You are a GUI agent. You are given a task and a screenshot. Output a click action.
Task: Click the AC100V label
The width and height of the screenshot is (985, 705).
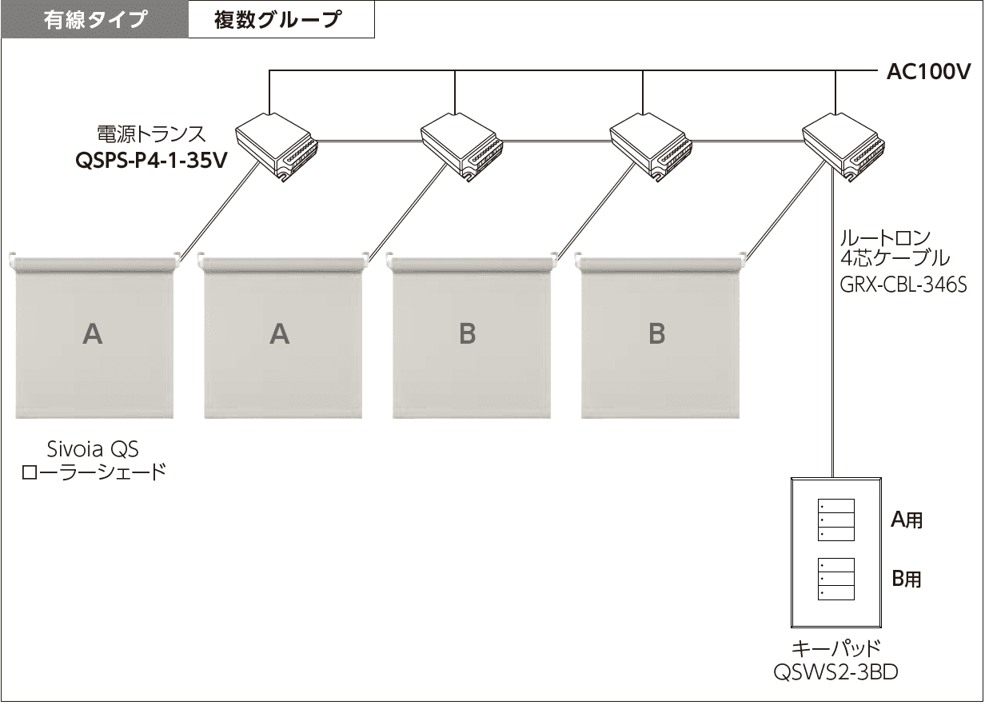(928, 72)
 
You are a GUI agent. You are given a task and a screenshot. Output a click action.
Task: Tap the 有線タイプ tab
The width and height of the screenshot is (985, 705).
(95, 20)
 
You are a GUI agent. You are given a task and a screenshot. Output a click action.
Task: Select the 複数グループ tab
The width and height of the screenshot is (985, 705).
(281, 20)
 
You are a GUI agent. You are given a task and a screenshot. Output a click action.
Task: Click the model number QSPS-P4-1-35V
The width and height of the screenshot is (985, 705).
(151, 161)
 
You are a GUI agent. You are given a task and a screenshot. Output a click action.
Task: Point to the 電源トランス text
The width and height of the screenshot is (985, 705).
(151, 134)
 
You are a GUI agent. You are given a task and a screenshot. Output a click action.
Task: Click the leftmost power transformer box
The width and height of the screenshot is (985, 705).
(277, 147)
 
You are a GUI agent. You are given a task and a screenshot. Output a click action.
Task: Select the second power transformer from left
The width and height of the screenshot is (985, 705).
(462, 147)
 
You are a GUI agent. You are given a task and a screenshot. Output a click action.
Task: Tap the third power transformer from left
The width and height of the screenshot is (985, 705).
(651, 147)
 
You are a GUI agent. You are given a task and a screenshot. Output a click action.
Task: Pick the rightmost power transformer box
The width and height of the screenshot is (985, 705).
(843, 147)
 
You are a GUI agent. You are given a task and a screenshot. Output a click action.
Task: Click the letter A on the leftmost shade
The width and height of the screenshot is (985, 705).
(93, 334)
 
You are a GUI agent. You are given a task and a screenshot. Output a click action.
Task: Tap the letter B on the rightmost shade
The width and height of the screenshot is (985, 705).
(657, 333)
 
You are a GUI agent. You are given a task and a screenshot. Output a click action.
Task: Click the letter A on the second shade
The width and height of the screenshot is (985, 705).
(280, 334)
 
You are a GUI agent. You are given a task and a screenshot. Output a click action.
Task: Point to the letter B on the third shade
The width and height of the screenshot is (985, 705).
(468, 333)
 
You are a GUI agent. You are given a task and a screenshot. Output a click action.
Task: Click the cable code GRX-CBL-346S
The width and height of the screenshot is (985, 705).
(903, 285)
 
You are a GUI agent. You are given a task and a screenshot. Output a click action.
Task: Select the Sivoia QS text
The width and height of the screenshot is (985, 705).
(93, 449)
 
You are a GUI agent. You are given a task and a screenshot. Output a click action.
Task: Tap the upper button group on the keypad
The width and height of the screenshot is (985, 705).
(836, 520)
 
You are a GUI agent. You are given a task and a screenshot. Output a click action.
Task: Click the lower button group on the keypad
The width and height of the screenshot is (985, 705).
(836, 579)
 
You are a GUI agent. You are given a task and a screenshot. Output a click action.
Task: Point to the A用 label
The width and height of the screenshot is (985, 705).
(907, 520)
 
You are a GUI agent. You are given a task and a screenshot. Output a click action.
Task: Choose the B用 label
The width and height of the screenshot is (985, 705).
(907, 579)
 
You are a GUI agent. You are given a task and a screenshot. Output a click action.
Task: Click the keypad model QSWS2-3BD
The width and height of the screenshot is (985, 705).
(835, 672)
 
